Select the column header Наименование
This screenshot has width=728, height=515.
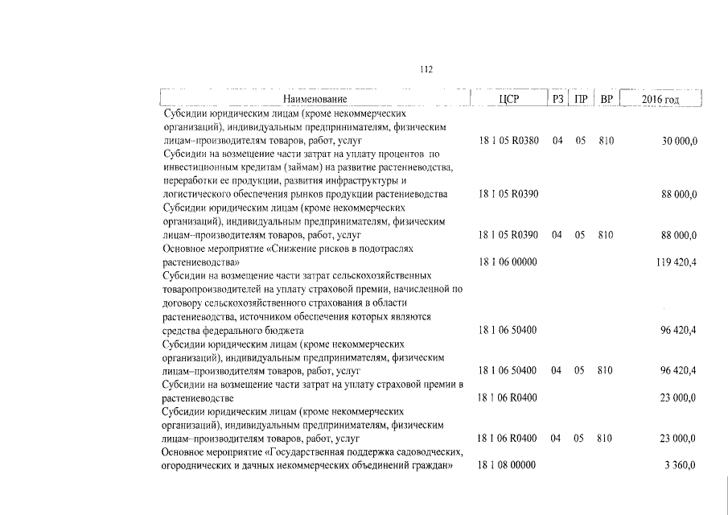click(315, 100)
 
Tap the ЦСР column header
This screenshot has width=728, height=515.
click(508, 100)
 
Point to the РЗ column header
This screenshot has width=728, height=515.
click(557, 100)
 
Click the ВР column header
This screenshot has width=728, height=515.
click(607, 100)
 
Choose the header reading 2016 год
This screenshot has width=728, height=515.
click(661, 100)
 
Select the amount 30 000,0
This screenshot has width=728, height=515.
click(679, 141)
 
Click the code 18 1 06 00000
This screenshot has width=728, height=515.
click(508, 262)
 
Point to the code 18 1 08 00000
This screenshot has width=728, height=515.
click(508, 466)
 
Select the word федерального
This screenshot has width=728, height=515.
click(241, 331)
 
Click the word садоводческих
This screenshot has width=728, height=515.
click(429, 452)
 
